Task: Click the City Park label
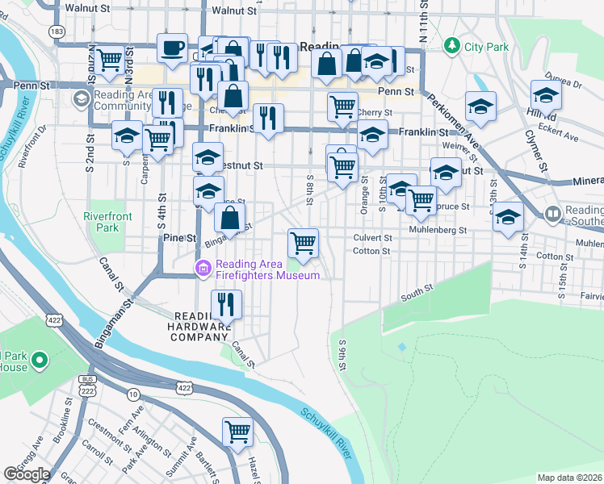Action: click(486, 47)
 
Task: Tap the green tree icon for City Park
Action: click(453, 44)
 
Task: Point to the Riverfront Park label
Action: click(101, 222)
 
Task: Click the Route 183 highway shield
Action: click(56, 31)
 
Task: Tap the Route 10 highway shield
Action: click(132, 394)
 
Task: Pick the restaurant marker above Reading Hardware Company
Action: click(226, 304)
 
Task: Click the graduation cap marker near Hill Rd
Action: click(546, 94)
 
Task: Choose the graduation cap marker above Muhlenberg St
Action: click(508, 216)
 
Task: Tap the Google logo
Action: click(27, 474)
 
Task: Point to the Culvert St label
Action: click(372, 238)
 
